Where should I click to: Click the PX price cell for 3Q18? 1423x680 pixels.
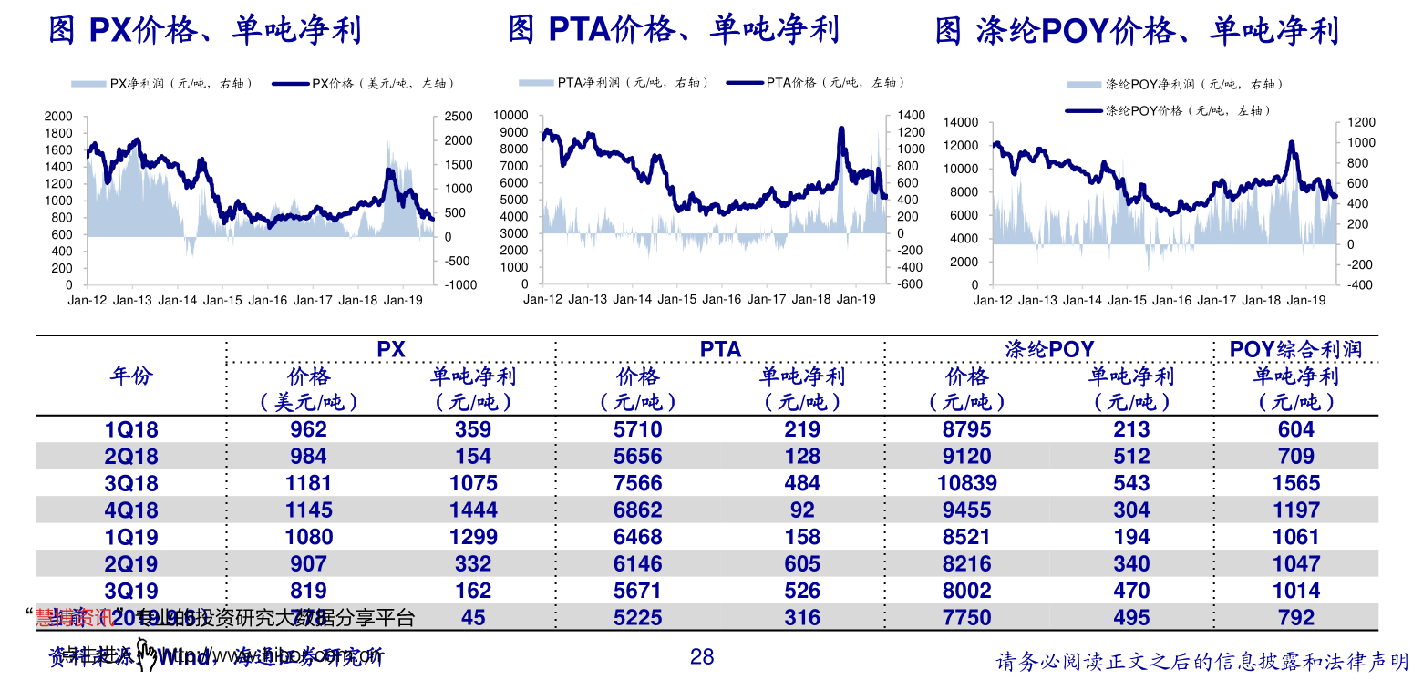pos(308,483)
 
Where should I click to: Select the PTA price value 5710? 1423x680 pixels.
pos(637,429)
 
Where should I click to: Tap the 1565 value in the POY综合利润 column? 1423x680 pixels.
pos(1295,483)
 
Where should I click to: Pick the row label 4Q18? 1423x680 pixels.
pos(131,510)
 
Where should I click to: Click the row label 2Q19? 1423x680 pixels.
pos(131,564)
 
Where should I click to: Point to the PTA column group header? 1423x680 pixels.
pos(720,350)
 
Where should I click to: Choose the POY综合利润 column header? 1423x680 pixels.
pos(1295,350)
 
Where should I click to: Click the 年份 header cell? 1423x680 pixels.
pos(131,376)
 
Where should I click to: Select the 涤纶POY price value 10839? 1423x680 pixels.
pos(966,483)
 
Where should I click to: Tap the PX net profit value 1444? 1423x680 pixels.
pos(473,510)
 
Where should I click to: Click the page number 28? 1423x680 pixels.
pos(702,656)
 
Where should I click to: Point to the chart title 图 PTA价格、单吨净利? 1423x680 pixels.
pos(673,31)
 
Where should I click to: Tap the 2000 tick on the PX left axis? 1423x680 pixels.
pos(58,117)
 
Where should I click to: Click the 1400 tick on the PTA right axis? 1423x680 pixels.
pos(911,116)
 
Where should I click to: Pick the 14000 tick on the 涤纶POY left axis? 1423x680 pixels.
pos(960,122)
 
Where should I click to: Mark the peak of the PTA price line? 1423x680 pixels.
pos(840,129)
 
